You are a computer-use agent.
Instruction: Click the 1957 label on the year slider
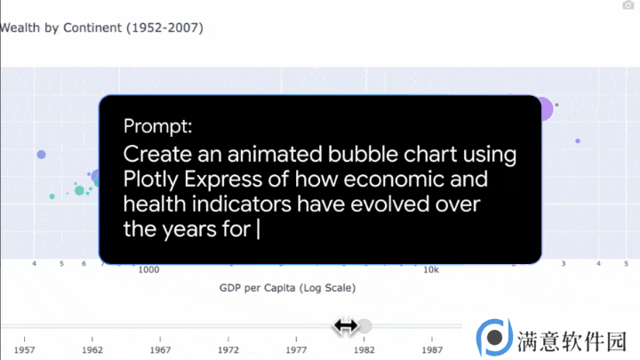(x=25, y=350)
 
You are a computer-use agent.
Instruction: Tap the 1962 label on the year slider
(x=92, y=350)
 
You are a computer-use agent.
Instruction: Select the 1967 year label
(x=160, y=350)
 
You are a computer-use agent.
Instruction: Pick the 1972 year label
(x=228, y=350)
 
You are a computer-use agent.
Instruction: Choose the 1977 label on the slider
(x=296, y=350)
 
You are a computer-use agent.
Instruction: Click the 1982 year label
(x=364, y=350)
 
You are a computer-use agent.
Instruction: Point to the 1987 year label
(x=432, y=350)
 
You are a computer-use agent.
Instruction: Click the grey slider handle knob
(x=364, y=326)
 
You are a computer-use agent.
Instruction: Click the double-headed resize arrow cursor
(x=345, y=326)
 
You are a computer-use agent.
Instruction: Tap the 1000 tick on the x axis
(x=148, y=270)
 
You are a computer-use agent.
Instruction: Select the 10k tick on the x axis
(x=431, y=270)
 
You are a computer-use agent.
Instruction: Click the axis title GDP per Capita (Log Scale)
(x=287, y=288)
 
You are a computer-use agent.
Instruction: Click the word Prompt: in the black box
(x=157, y=125)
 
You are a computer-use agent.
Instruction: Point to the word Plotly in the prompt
(x=150, y=180)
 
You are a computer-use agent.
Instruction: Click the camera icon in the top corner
(x=628, y=5)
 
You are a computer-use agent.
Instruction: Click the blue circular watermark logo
(x=494, y=338)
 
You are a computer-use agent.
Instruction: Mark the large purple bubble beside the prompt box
(x=546, y=109)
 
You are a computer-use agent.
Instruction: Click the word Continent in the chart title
(x=92, y=28)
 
